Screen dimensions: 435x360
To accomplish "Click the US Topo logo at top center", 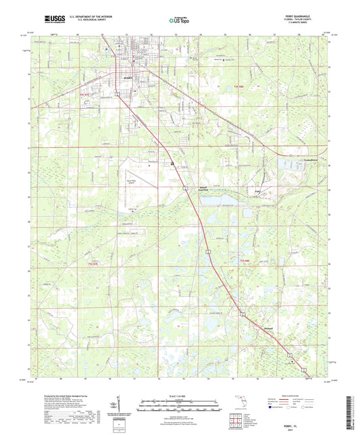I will [179, 20].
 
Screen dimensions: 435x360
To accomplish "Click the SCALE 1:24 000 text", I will [179, 395].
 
